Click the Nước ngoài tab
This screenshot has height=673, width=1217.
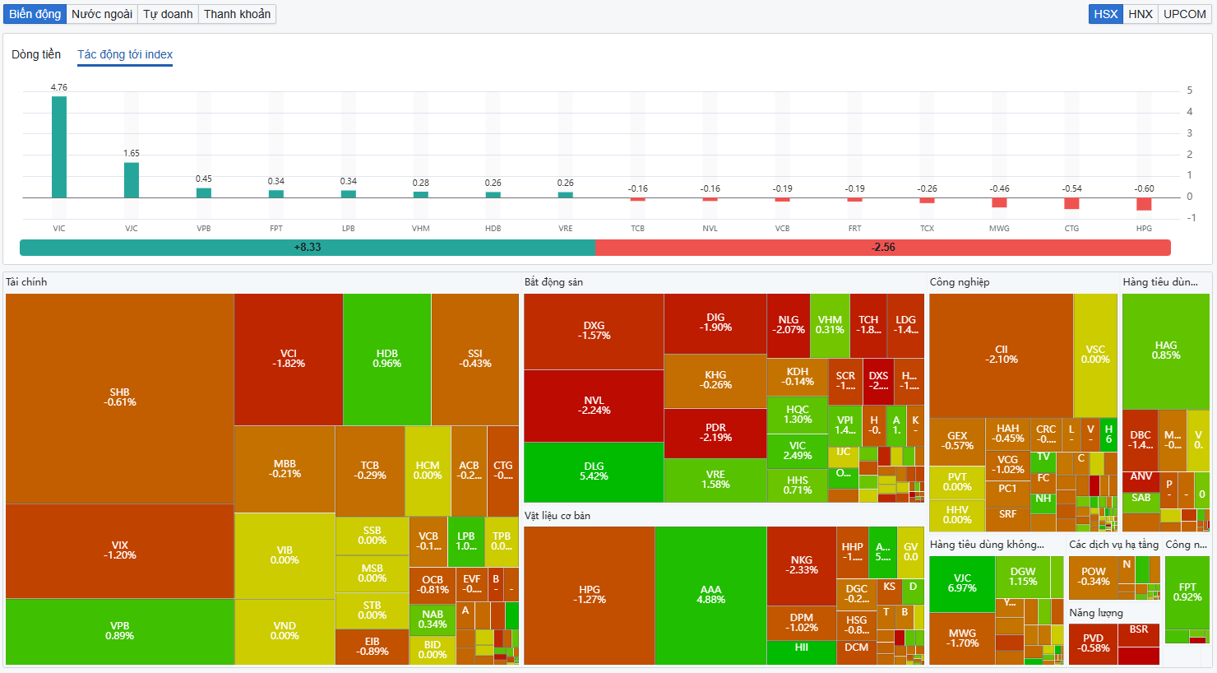(102, 14)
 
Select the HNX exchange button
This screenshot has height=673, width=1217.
(1141, 14)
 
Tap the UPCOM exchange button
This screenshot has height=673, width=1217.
(1184, 14)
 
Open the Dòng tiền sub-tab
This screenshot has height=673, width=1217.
(36, 54)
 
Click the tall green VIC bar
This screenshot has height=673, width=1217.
(59, 147)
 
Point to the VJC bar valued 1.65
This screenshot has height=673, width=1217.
(132, 180)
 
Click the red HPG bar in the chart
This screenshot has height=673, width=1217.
(1144, 204)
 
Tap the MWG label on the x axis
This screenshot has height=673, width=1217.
(999, 229)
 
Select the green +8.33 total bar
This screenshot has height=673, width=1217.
(307, 248)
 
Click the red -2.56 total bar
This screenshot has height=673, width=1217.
(883, 248)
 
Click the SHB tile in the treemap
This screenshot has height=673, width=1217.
(120, 398)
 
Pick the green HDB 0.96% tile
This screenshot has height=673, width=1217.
(386, 359)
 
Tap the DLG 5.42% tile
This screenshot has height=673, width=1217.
(594, 471)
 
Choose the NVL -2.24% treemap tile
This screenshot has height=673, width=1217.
(594, 406)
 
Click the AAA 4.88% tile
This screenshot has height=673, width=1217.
(710, 595)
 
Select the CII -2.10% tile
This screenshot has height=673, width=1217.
(1001, 355)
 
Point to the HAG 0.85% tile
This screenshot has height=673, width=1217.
(1165, 350)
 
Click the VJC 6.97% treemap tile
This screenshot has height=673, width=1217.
(962, 583)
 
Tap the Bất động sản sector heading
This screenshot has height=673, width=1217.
(553, 282)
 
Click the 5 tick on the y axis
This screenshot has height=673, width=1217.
(1189, 91)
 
